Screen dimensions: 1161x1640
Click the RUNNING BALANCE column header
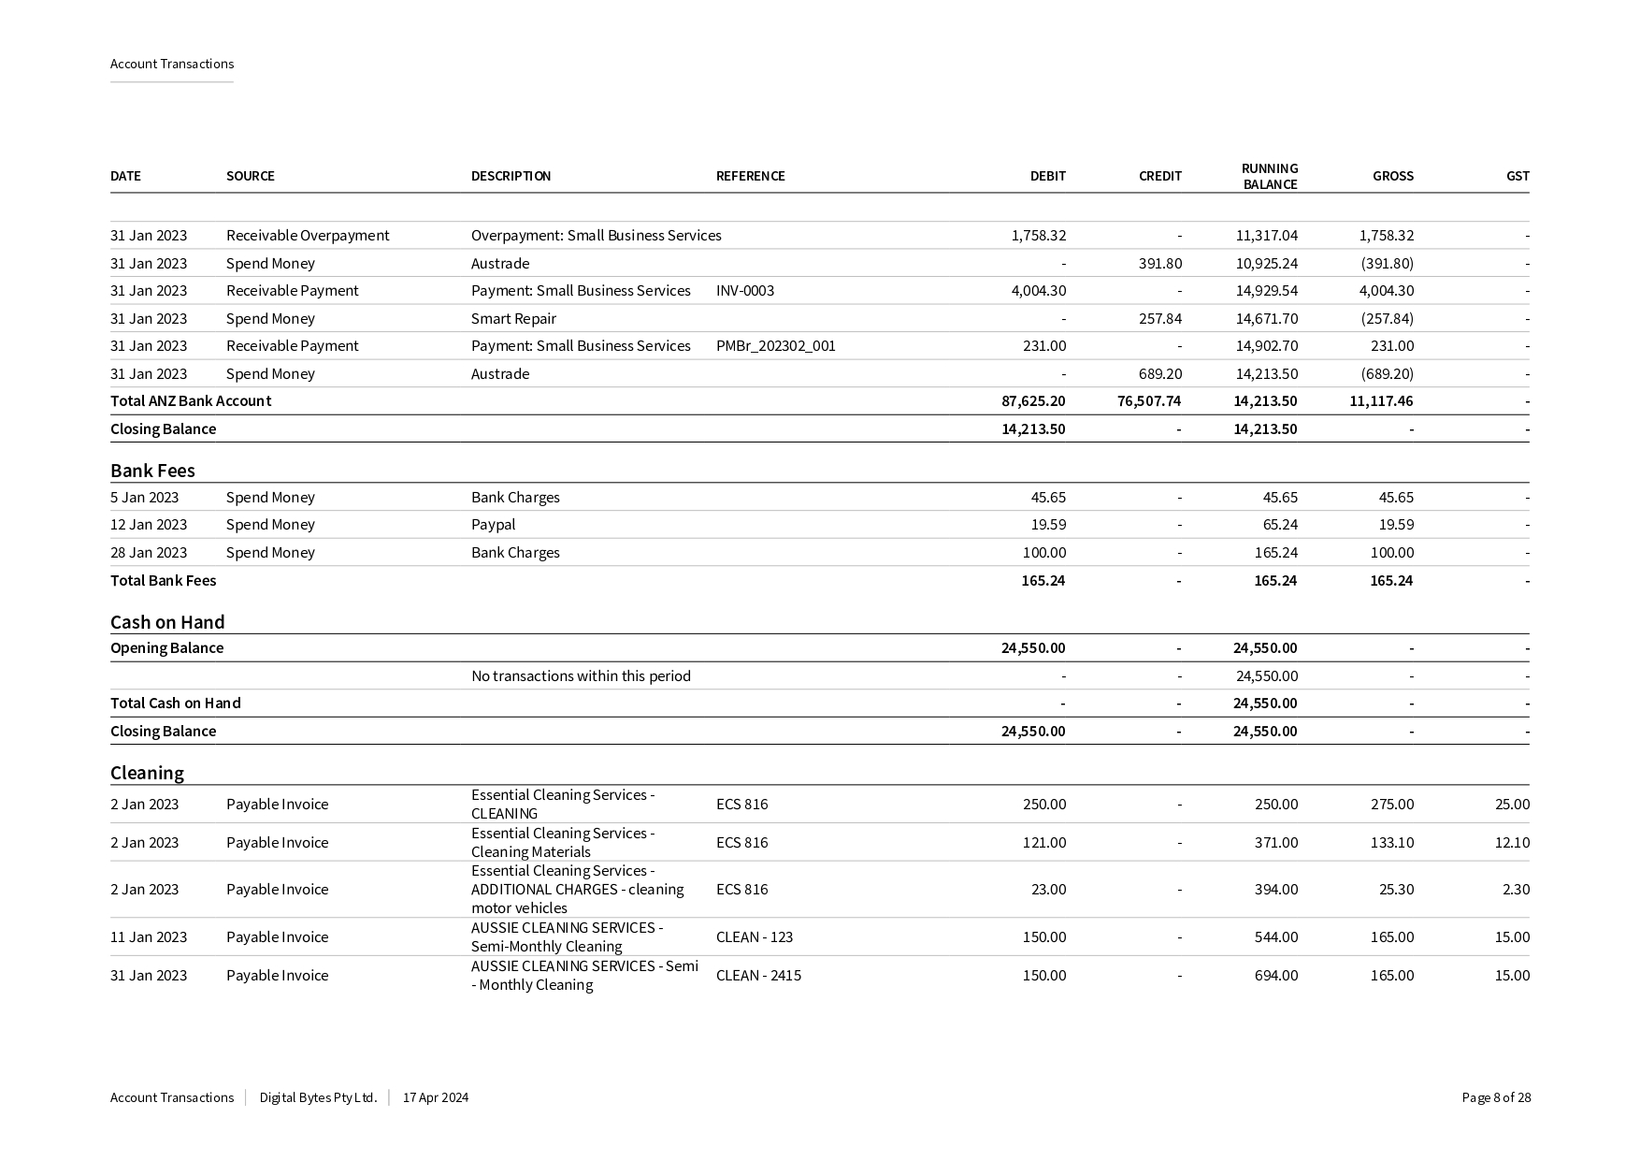point(1269,176)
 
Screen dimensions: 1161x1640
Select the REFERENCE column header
point(750,176)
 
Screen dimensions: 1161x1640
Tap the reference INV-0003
point(745,291)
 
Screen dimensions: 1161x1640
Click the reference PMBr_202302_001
point(775,346)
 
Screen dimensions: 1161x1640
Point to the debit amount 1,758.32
point(1038,236)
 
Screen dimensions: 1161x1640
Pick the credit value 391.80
point(1159,264)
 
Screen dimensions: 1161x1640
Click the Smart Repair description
point(513,319)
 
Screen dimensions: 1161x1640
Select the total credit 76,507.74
point(1149,401)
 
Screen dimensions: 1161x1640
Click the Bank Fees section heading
point(152,471)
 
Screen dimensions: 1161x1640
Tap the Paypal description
point(493,525)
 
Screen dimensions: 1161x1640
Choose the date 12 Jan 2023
point(149,525)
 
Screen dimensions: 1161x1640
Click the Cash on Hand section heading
point(167,623)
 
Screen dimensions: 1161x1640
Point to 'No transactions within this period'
point(581,676)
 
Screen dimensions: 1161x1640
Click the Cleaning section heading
point(147,774)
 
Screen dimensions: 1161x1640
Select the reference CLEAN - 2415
point(758,976)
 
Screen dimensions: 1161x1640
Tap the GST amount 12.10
point(1512,843)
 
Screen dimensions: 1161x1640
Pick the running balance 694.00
point(1275,976)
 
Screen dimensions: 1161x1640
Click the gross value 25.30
point(1396,890)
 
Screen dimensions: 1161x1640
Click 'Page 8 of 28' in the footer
point(1496,1098)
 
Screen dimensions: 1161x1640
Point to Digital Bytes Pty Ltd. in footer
point(318,1098)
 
